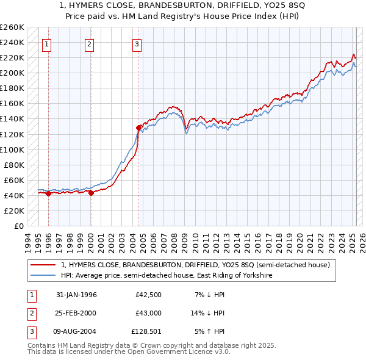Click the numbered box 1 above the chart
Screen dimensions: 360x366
point(47,44)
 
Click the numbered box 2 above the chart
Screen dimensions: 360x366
point(89,44)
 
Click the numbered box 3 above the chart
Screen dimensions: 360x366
point(137,44)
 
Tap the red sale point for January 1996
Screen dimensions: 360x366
point(49,193)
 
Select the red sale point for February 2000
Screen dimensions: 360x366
point(91,193)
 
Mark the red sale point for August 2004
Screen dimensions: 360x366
point(138,128)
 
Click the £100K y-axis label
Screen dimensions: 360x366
point(12,149)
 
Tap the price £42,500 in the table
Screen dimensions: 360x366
point(149,295)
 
